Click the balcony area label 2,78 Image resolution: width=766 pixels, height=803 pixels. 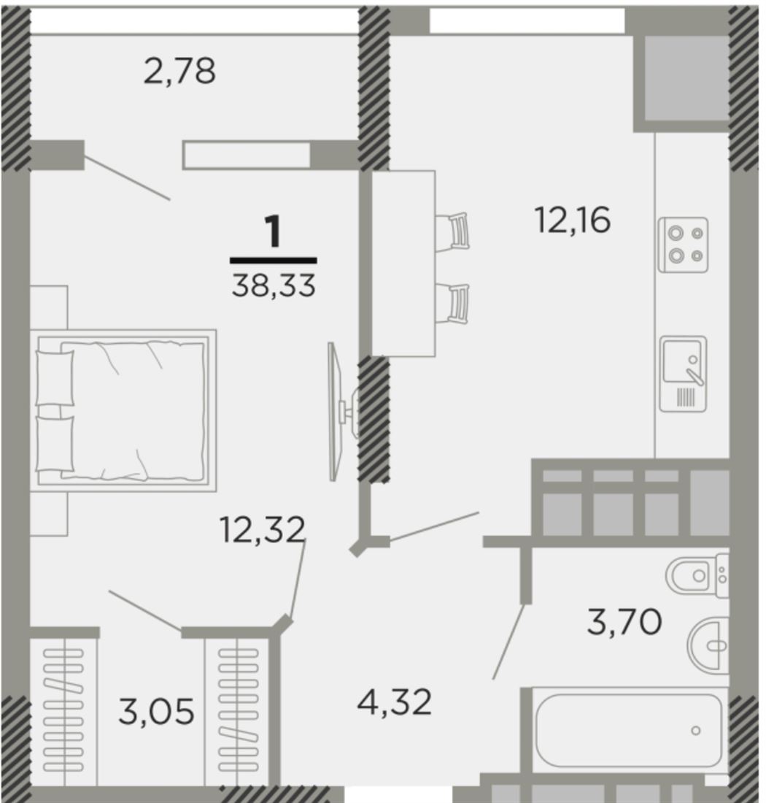[179, 72]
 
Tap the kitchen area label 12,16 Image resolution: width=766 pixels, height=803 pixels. [573, 220]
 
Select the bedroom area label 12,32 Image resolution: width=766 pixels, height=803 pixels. [263, 529]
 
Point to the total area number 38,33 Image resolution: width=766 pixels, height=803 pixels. [274, 285]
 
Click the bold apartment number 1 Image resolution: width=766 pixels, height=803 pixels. [274, 231]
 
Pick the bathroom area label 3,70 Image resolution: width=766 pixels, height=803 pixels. [624, 622]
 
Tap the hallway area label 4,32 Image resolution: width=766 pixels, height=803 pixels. [395, 702]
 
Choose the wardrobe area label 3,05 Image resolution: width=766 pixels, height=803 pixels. [156, 711]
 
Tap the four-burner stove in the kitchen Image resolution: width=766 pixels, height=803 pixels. [683, 245]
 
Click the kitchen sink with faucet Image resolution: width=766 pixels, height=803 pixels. [683, 374]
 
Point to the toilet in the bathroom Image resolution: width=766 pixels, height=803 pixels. [697, 575]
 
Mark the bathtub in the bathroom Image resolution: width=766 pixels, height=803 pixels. [628, 730]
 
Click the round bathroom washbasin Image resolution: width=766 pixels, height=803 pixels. [708, 645]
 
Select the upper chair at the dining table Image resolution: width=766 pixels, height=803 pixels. [452, 231]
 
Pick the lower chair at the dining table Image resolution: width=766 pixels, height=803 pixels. [452, 304]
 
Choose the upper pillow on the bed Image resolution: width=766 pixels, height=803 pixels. [55, 378]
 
